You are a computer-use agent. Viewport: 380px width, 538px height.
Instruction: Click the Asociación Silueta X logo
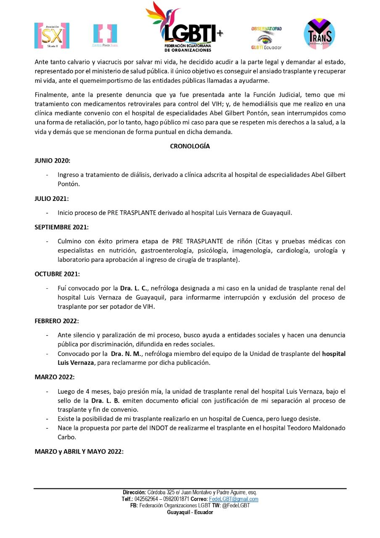pos(52,35)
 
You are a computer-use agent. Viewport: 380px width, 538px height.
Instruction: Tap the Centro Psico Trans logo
pos(105,35)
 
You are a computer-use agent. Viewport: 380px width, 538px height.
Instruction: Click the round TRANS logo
pos(319,34)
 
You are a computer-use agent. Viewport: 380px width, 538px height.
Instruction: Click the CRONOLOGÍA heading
pos(190,146)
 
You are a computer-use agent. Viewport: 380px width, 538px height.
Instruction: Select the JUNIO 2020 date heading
pos(52,161)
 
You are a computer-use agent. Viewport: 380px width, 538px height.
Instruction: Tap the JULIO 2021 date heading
pos(51,198)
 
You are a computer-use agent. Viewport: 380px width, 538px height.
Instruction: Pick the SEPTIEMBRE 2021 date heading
pos(61,227)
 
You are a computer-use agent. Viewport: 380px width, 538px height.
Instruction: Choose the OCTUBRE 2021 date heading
pos(57,274)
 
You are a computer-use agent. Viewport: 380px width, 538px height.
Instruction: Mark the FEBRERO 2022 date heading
pos(56,321)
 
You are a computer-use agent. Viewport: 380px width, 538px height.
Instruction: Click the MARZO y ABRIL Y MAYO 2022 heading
pos(79,451)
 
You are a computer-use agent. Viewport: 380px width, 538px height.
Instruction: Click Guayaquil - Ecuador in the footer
pos(190,512)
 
